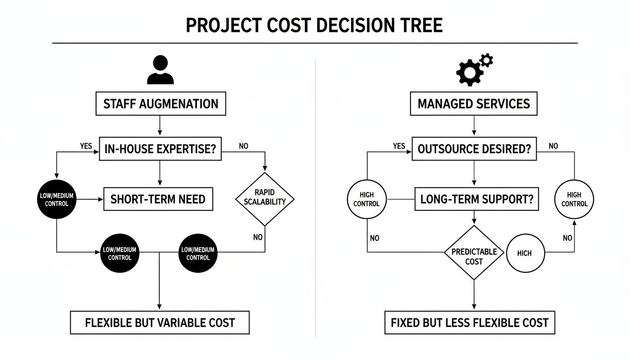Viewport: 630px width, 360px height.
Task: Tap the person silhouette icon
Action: coord(160,70)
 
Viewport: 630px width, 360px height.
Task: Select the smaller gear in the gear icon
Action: coord(487,60)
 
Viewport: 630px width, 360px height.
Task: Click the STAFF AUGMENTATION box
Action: coord(160,104)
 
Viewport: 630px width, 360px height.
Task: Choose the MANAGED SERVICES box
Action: coord(473,104)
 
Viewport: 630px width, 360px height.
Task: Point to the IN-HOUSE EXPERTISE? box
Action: coord(160,149)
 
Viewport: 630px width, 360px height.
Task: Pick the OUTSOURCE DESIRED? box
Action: coord(474,149)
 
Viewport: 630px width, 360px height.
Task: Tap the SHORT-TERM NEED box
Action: coord(158,199)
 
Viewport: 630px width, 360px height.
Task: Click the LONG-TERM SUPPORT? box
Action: coord(477,199)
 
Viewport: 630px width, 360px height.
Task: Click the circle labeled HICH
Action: coord(525,253)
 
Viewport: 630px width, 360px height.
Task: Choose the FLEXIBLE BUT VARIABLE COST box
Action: coord(159,322)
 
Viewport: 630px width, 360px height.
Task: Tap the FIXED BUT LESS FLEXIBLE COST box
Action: coord(469,322)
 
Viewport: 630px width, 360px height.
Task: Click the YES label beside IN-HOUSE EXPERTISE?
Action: coord(86,146)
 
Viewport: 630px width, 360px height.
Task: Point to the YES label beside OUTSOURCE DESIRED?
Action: coord(398,146)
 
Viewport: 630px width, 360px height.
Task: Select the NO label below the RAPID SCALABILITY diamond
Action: coord(257,237)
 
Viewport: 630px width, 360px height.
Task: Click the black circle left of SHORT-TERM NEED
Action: coord(56,199)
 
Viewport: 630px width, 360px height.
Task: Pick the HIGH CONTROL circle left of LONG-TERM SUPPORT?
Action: coord(367,199)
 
